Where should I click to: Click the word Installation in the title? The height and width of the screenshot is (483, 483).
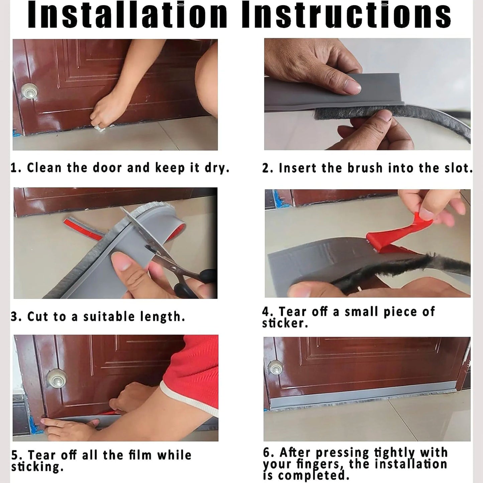click(x=127, y=14)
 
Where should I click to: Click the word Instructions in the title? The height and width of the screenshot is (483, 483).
click(x=346, y=14)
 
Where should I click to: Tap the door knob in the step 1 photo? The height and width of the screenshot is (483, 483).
click(x=29, y=91)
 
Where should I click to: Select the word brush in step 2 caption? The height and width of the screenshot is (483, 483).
click(x=365, y=168)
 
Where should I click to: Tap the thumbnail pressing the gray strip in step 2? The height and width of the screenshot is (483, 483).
click(x=353, y=87)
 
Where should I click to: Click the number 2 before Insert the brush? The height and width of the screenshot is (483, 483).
click(x=266, y=168)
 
